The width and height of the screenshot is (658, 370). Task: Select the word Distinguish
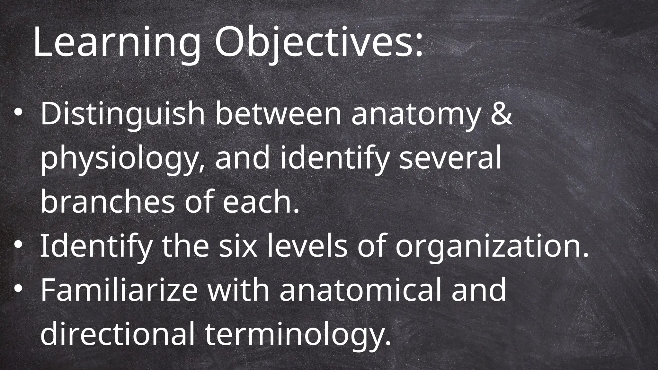coord(122,114)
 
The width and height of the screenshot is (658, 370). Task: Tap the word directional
coord(117,334)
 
